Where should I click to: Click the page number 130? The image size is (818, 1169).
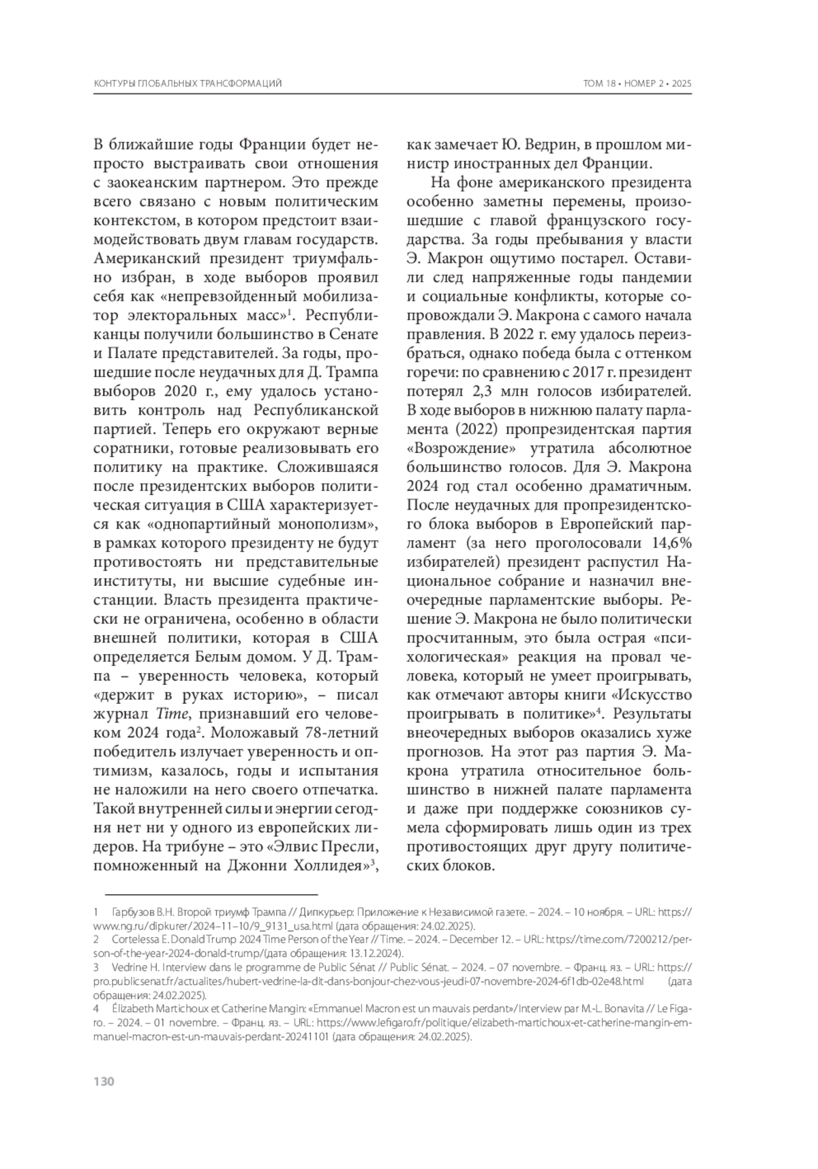pyautogui.click(x=103, y=1082)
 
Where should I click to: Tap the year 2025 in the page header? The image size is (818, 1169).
pyautogui.click(x=682, y=83)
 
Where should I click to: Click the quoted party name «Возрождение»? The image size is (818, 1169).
pyautogui.click(x=460, y=448)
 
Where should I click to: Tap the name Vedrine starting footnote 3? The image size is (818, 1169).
pyautogui.click(x=130, y=967)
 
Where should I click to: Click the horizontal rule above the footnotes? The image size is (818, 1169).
pyautogui.click(x=211, y=893)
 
